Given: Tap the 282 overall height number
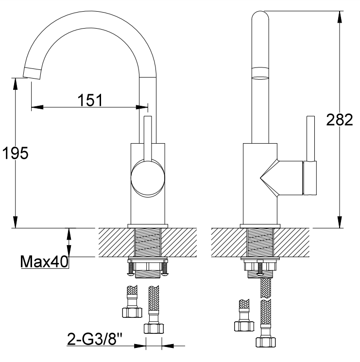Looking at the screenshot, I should pos(339,120).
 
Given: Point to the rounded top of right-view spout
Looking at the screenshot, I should pos(260,17).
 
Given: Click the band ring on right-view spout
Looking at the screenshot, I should pos(260,74).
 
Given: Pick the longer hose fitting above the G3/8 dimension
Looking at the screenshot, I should pos(154,313).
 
